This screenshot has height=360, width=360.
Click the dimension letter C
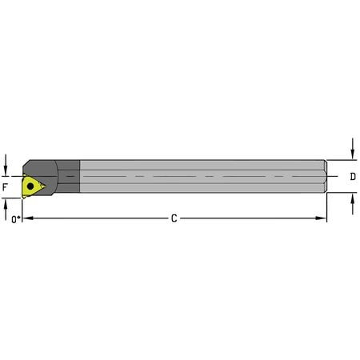(x=174, y=218)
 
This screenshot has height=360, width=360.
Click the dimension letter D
(x=354, y=176)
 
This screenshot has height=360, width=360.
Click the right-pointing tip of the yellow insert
(x=46, y=188)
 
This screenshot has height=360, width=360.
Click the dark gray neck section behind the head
(x=70, y=177)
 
